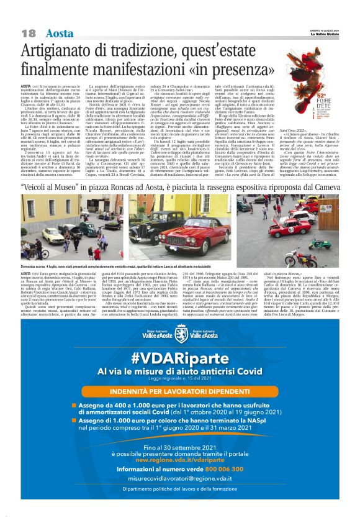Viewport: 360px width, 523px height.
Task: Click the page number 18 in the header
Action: (28, 33)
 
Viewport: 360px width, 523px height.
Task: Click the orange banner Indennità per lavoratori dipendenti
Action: (180, 392)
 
